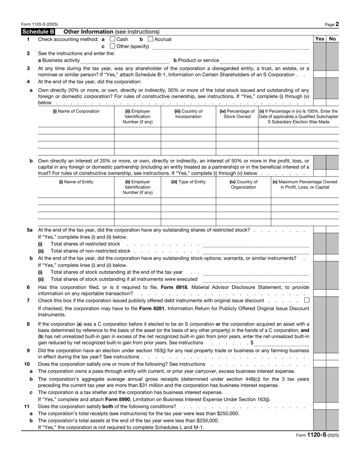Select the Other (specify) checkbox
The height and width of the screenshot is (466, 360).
[112, 48]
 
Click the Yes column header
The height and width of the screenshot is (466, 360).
[319, 40]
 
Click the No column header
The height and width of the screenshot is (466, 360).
[333, 40]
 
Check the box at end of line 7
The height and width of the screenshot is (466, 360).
[306, 300]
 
